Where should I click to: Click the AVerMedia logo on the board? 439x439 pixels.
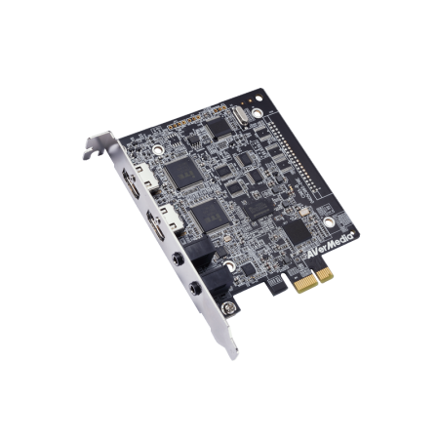(x=330, y=246)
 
